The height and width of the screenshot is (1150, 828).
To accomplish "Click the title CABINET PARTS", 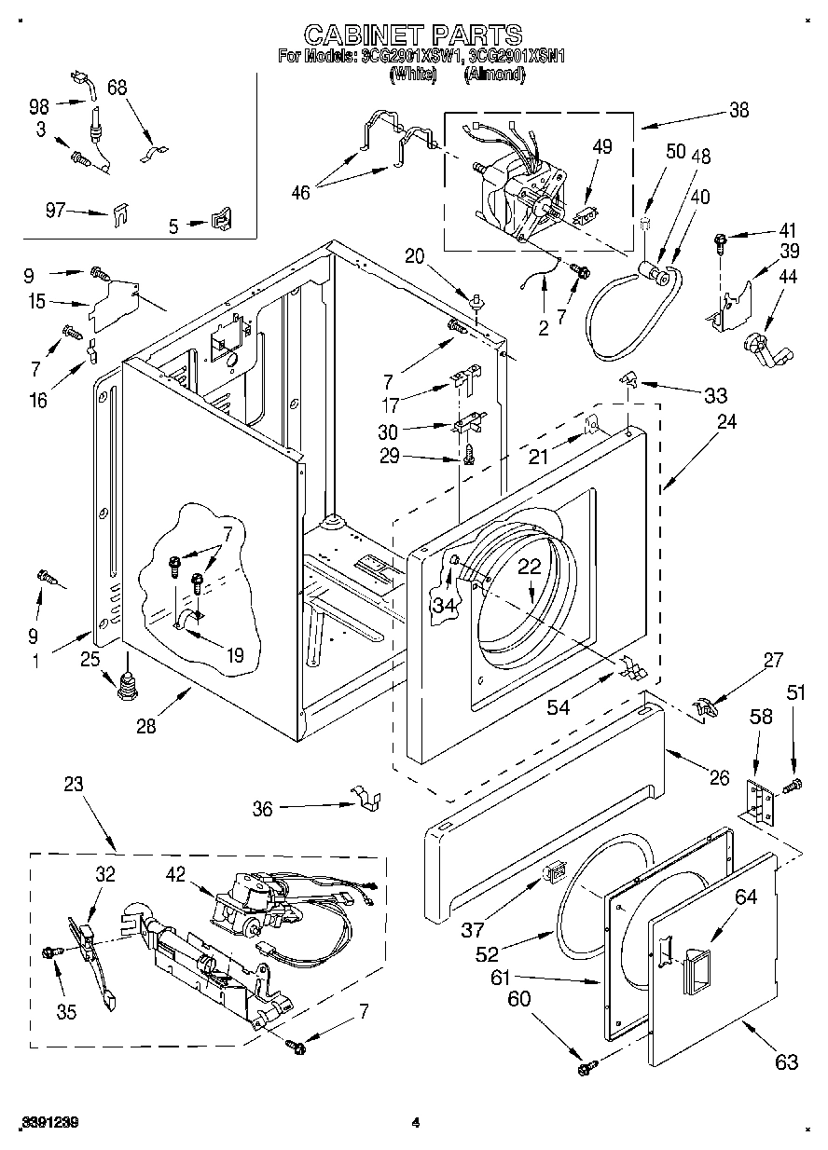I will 413,35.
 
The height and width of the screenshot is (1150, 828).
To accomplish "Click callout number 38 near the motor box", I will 738,110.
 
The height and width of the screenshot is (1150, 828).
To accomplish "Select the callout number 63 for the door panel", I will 786,1061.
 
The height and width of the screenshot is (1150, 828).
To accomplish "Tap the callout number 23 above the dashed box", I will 73,785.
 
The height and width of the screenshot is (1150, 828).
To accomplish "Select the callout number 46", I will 299,193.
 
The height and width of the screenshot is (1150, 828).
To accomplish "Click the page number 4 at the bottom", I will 416,1123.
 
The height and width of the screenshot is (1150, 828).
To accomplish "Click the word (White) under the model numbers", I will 412,74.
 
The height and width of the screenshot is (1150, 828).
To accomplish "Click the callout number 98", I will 40,104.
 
